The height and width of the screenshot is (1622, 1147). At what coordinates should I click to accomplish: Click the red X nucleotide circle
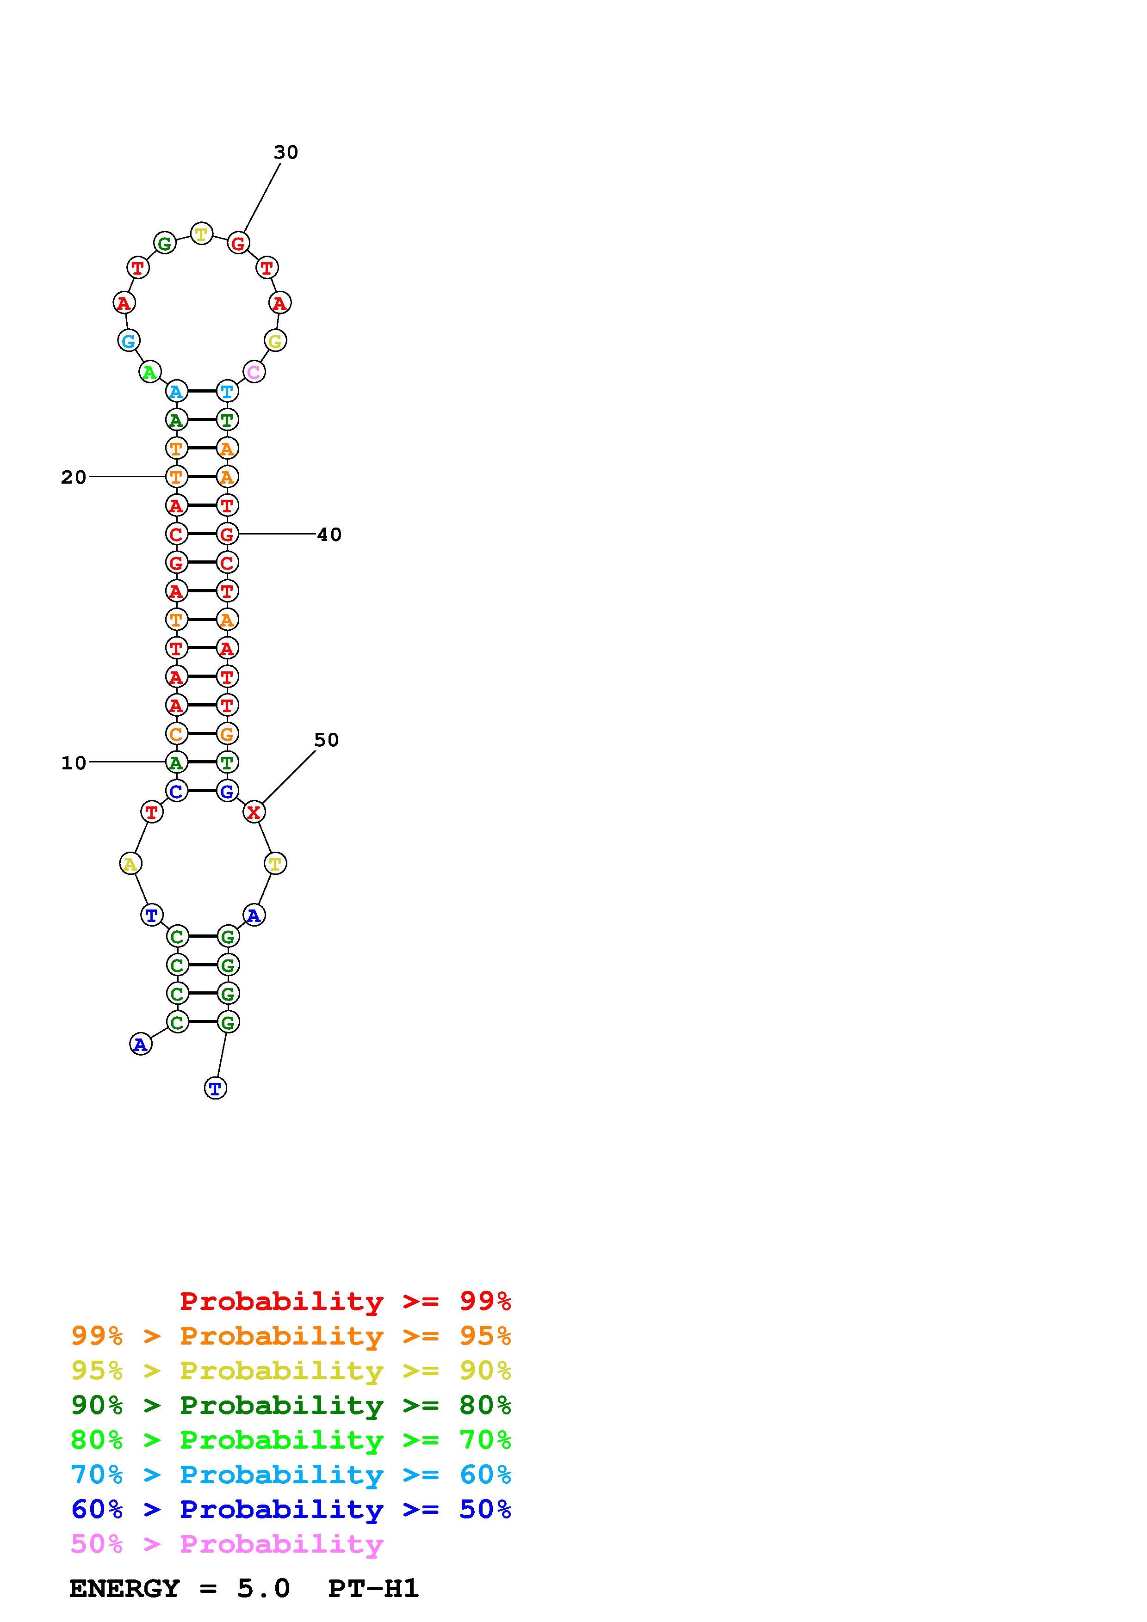tap(254, 812)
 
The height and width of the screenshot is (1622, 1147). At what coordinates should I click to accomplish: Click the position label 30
tap(286, 153)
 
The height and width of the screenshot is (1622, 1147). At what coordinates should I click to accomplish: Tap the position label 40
tap(329, 535)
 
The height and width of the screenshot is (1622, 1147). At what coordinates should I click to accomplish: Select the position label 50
tap(327, 740)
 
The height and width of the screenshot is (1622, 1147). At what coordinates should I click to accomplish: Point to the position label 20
tap(74, 478)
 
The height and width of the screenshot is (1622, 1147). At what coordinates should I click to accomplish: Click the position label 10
tap(74, 763)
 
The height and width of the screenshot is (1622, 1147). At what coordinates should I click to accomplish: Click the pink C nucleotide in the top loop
tap(254, 372)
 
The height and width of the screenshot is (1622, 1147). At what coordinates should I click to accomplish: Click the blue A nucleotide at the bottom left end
tap(141, 1044)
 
